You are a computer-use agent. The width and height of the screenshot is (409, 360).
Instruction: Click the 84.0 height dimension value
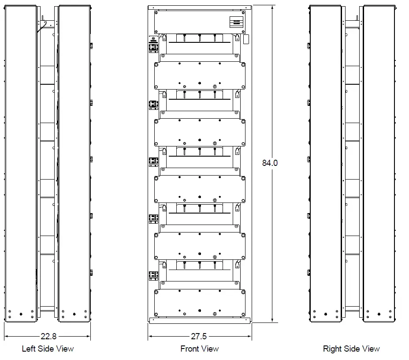[270, 163]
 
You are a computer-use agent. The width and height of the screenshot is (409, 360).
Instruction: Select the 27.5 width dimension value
[198, 337]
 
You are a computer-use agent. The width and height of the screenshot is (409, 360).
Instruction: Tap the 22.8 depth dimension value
[48, 337]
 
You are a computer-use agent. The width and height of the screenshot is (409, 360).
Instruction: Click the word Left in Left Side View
[29, 349]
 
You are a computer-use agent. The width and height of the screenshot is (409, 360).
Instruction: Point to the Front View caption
[199, 349]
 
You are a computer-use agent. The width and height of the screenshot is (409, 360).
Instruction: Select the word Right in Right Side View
[333, 349]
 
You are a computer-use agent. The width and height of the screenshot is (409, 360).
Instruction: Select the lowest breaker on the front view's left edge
[153, 275]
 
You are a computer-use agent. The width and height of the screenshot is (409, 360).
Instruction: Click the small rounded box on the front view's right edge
[246, 39]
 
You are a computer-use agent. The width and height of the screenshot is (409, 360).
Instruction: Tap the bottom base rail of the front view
[200, 320]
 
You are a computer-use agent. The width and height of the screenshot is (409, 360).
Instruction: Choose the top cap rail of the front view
[200, 7]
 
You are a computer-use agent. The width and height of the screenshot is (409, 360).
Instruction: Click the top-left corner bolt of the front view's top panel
[156, 13]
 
